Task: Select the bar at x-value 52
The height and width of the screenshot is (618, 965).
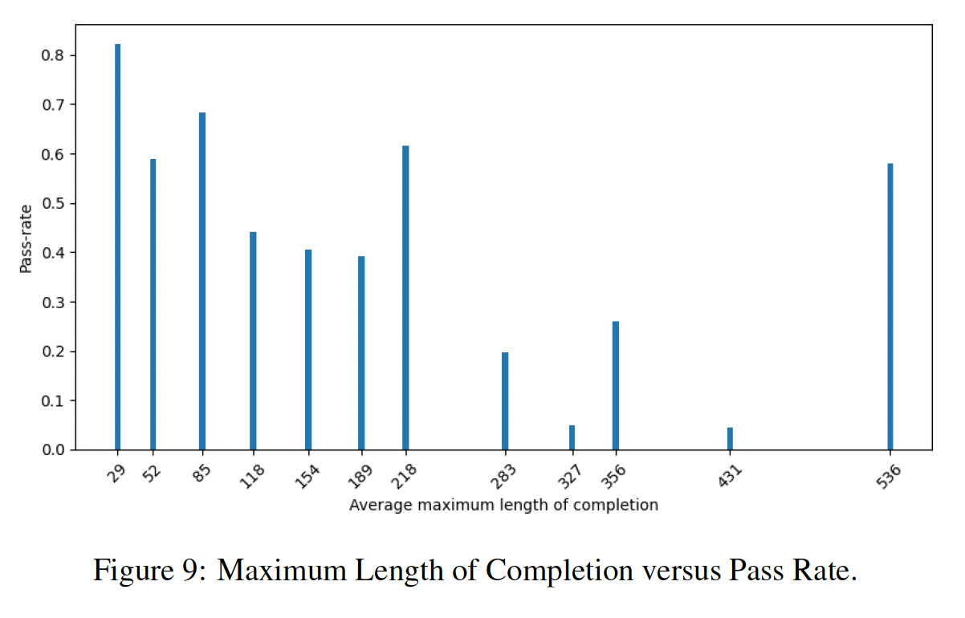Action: [x=153, y=304]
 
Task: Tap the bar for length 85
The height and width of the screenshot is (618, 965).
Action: [x=202, y=281]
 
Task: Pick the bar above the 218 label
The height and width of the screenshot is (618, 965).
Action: [x=405, y=298]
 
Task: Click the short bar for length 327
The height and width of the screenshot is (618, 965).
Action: [x=572, y=437]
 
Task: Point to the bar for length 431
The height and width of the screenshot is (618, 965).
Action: [x=730, y=439]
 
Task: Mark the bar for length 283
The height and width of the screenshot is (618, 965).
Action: [x=505, y=400]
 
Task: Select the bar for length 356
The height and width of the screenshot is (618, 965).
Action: [x=616, y=385]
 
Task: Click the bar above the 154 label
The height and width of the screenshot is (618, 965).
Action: [x=308, y=349]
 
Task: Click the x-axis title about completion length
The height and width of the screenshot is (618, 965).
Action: [x=503, y=506]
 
